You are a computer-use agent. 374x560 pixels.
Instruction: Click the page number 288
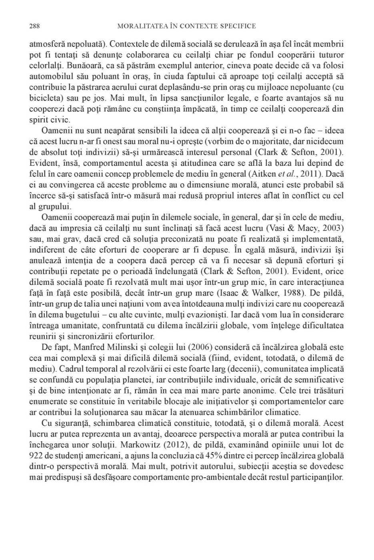[34, 26]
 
